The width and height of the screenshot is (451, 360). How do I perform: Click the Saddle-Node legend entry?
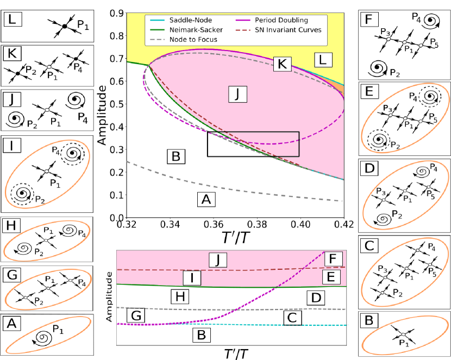[x=176, y=20]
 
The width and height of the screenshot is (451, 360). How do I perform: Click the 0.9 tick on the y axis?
[x=116, y=11]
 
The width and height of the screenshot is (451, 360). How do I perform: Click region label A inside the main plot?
[x=205, y=200]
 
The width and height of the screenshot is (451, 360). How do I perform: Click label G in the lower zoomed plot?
[x=135, y=315]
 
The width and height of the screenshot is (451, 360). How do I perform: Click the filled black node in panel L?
[x=64, y=26]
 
